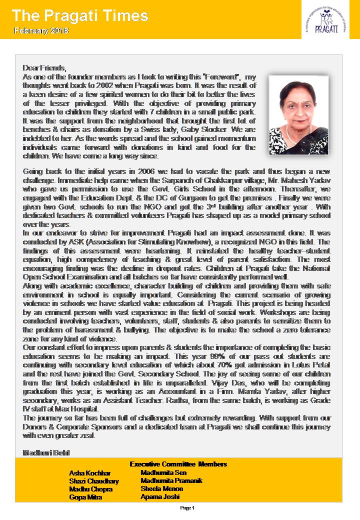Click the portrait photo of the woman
[x=298, y=115]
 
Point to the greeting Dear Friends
[x=44, y=67]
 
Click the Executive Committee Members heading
[x=178, y=464]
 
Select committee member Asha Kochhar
[x=90, y=473]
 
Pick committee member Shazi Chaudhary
[x=94, y=481]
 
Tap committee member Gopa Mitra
[x=86, y=497]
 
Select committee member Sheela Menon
[x=162, y=488]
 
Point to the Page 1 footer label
[x=186, y=508]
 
